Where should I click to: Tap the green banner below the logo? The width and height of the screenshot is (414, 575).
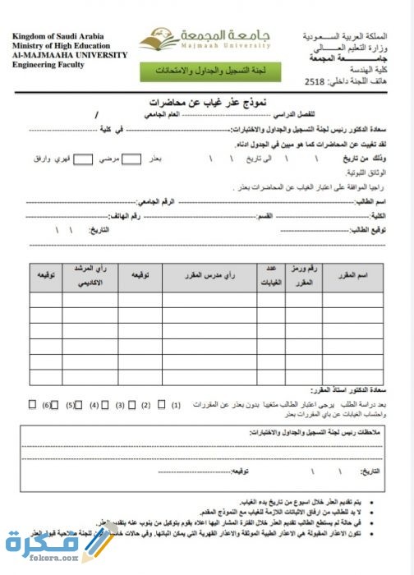pyautogui.click(x=210, y=72)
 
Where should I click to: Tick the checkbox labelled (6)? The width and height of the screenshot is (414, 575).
pyautogui.click(x=32, y=405)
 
